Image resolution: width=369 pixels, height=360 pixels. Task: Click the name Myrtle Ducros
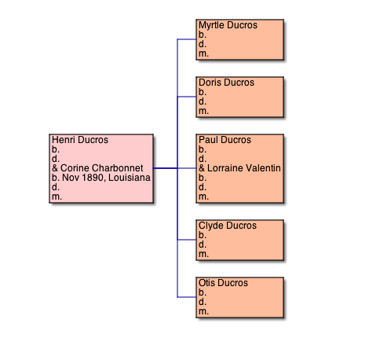click(228, 25)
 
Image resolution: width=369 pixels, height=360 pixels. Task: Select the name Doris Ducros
click(226, 83)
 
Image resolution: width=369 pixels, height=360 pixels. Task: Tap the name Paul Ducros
click(225, 140)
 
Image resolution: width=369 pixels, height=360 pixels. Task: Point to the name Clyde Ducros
click(228, 226)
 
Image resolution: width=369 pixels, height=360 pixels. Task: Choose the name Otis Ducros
click(223, 283)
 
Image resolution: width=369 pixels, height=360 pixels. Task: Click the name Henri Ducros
click(80, 140)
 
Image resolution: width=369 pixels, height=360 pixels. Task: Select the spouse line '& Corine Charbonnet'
click(97, 168)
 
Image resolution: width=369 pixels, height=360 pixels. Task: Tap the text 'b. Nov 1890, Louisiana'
click(101, 178)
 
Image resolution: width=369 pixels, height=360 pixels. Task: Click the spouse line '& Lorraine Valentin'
click(239, 168)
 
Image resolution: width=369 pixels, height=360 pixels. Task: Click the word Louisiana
click(130, 178)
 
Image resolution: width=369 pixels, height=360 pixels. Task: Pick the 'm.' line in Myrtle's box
click(203, 53)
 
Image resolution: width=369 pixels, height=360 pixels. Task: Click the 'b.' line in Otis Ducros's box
click(203, 292)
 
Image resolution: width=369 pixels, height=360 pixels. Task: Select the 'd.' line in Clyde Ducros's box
click(203, 244)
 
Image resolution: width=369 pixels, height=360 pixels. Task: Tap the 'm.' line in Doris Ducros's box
click(203, 111)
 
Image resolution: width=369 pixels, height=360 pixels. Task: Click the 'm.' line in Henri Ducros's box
click(57, 197)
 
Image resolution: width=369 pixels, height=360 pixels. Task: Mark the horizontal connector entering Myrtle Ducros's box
click(187, 39)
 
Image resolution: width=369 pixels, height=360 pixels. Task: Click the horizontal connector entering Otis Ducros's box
click(187, 297)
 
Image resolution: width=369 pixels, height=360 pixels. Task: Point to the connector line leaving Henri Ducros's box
click(165, 168)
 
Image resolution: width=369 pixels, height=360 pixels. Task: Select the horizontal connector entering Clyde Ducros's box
click(187, 240)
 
